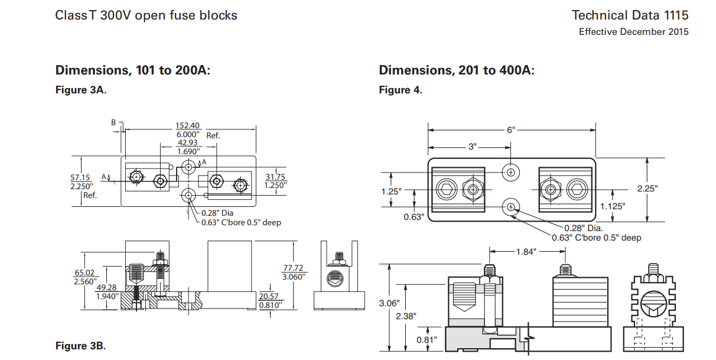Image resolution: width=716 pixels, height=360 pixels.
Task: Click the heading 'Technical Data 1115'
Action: click(x=630, y=15)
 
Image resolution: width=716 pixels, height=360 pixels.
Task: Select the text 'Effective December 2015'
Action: click(x=633, y=32)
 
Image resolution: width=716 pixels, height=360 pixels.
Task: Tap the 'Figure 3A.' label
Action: click(x=80, y=90)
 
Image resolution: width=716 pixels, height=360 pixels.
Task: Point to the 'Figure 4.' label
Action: click(x=400, y=90)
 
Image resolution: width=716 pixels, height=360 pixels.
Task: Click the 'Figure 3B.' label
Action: click(x=80, y=346)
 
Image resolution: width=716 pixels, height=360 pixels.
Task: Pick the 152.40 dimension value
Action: click(x=188, y=125)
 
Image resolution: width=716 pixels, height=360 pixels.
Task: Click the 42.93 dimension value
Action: click(x=188, y=142)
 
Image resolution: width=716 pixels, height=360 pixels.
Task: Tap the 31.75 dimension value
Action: click(x=276, y=177)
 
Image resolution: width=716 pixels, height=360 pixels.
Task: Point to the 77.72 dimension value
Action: click(x=294, y=268)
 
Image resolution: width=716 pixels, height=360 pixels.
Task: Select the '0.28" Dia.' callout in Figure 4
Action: click(x=581, y=228)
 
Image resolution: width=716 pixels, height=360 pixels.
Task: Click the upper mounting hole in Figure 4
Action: click(x=510, y=172)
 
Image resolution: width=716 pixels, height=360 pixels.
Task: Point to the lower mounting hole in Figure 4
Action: click(x=510, y=207)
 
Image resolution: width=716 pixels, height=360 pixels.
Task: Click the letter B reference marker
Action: click(x=113, y=122)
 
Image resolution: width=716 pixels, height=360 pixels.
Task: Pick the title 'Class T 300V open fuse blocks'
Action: click(x=147, y=15)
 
